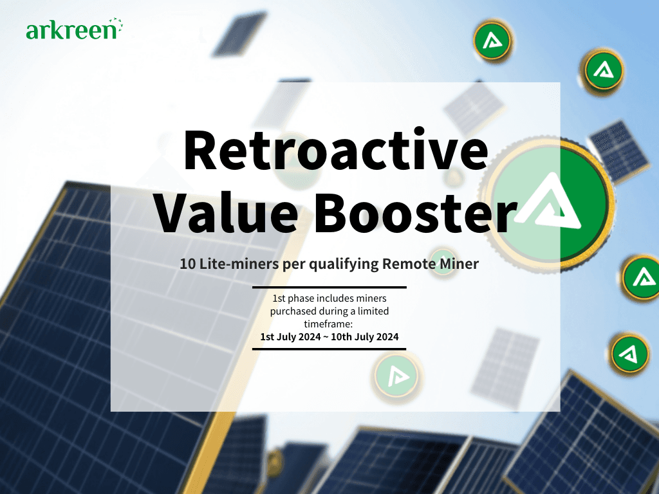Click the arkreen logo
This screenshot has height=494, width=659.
[75, 29]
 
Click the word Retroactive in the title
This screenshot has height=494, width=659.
[336, 151]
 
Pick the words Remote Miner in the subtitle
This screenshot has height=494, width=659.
[431, 264]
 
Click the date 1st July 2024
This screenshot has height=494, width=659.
[290, 337]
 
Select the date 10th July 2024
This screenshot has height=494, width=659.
[365, 337]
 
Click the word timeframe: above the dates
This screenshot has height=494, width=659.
[328, 324]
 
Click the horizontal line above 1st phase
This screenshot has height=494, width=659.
[329, 288]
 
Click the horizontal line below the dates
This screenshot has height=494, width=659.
[329, 349]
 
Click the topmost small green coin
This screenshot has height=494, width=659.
[492, 41]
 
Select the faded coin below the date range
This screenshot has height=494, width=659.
[396, 375]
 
